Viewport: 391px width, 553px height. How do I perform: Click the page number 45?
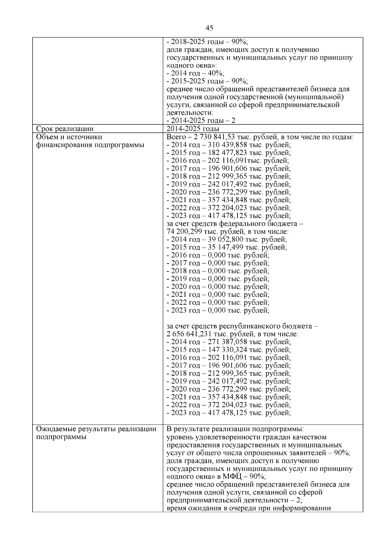point(210,28)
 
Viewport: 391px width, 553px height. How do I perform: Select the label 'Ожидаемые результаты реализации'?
point(96,429)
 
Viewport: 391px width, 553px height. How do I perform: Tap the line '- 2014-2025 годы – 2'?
point(201,121)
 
